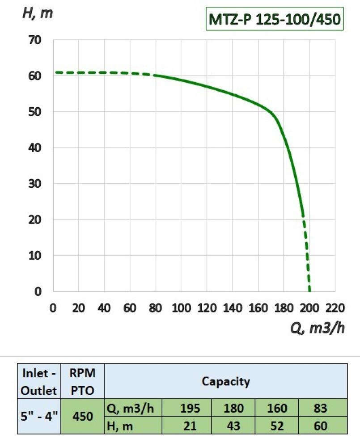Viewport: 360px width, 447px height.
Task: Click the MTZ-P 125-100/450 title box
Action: (x=274, y=19)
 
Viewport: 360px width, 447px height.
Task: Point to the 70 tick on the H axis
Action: (x=35, y=40)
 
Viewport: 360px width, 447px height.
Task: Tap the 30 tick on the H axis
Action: (x=35, y=184)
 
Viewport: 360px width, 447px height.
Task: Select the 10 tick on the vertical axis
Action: (x=35, y=256)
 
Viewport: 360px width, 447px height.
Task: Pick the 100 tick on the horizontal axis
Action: (x=181, y=308)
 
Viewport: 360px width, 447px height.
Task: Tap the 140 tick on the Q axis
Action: (x=233, y=308)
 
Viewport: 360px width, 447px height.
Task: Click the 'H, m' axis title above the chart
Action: (x=38, y=13)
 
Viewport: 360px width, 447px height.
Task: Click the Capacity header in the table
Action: (x=226, y=381)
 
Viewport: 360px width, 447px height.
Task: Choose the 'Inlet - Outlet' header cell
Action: (x=39, y=381)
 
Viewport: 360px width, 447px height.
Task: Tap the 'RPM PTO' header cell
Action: (x=82, y=381)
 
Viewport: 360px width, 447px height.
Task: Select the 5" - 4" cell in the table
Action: (x=39, y=417)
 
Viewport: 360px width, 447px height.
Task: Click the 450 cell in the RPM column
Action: (x=82, y=417)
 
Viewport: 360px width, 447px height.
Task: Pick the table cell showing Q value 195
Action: (x=189, y=408)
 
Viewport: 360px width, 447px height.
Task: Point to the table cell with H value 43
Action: (x=233, y=426)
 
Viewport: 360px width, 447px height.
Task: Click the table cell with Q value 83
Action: (x=321, y=408)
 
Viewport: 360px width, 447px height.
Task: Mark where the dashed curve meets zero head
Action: (x=310, y=291)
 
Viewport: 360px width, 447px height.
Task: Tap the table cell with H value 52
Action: (x=277, y=426)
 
